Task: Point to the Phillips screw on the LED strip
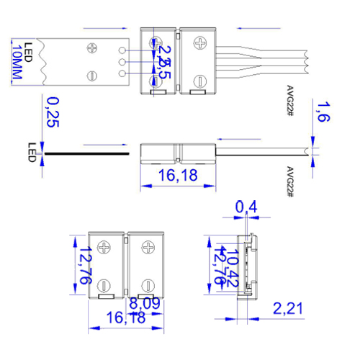click(92, 49)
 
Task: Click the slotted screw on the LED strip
click(92, 76)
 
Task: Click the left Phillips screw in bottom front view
click(105, 249)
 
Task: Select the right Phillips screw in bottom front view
click(148, 249)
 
